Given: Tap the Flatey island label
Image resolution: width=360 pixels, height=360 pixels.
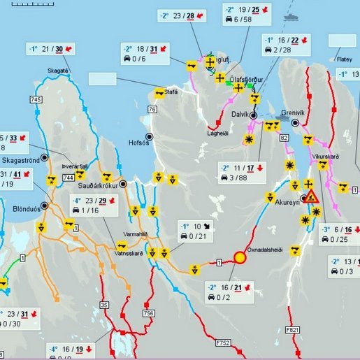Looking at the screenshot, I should tap(345, 59).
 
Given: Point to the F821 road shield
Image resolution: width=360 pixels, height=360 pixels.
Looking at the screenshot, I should tap(293, 328).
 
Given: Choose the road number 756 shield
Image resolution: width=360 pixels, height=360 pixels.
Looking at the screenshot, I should tap(148, 312).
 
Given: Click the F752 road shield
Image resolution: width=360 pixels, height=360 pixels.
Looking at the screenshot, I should tap(223, 343).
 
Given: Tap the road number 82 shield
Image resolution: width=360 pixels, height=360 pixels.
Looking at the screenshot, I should tap(284, 138).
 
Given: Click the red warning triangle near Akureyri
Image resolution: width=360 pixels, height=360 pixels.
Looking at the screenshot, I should tap(311, 195).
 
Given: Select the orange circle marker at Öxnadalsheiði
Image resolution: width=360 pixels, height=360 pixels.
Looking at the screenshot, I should tap(240, 258).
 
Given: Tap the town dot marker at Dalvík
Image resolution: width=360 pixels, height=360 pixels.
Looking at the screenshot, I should tap(253, 114).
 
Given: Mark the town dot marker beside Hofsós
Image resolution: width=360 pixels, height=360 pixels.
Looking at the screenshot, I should tap(149, 136).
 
